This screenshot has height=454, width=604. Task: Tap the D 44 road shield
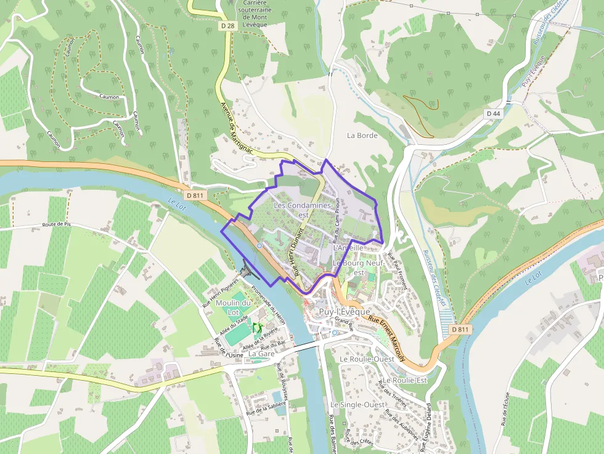click(x=493, y=113)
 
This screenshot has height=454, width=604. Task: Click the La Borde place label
click(x=362, y=135)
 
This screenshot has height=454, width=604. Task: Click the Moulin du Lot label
click(x=233, y=307)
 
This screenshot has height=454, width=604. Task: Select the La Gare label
click(x=261, y=354)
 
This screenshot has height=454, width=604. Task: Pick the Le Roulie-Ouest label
click(x=367, y=359)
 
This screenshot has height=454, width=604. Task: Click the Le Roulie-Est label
click(x=404, y=381)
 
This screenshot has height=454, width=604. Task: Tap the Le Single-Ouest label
click(x=357, y=404)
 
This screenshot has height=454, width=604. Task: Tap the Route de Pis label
click(x=57, y=225)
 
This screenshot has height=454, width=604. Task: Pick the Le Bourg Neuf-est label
click(x=358, y=267)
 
